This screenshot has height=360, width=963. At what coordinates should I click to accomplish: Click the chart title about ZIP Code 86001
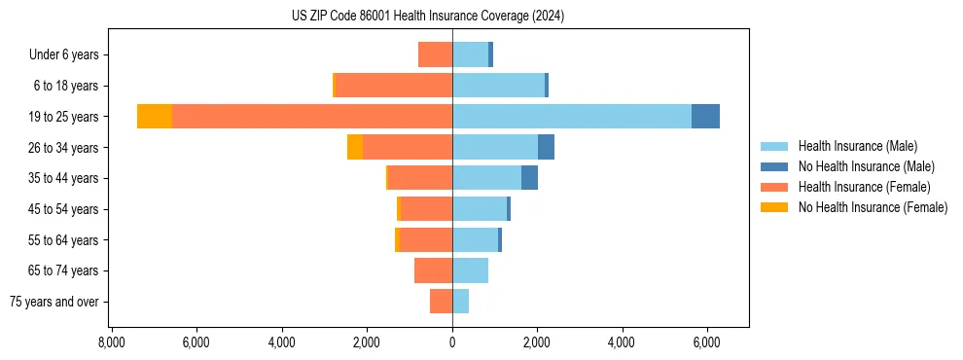coord(428,17)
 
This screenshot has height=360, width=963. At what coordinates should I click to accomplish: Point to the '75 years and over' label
coord(54,302)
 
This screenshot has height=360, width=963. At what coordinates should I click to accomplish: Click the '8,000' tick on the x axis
coord(111,342)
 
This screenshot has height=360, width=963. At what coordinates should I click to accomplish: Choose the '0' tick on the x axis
coord(452,342)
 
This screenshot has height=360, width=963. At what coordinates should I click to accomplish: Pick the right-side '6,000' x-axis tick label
coord(706,342)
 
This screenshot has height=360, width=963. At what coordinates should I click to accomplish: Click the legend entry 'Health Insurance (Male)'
coord(857,146)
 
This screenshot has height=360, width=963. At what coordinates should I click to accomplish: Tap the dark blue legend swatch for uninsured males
coord(775,166)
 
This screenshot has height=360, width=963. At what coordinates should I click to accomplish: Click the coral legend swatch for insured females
coord(775,187)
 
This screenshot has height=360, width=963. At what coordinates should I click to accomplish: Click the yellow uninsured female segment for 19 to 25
coord(155,117)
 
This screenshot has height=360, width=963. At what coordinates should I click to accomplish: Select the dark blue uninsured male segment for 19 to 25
coord(705,117)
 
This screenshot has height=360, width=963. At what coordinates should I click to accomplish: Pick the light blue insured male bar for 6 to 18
coord(498,86)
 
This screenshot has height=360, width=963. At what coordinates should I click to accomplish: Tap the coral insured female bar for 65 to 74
coord(433,270)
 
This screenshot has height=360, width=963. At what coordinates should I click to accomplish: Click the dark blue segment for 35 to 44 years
coord(529,178)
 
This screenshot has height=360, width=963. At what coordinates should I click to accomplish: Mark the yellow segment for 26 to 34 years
coord(355,147)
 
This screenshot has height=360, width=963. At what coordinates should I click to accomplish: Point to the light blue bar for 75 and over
coord(460,302)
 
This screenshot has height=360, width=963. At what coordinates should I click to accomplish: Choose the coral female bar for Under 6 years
coord(435,54)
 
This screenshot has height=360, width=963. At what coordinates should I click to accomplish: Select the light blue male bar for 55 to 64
coord(475,239)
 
